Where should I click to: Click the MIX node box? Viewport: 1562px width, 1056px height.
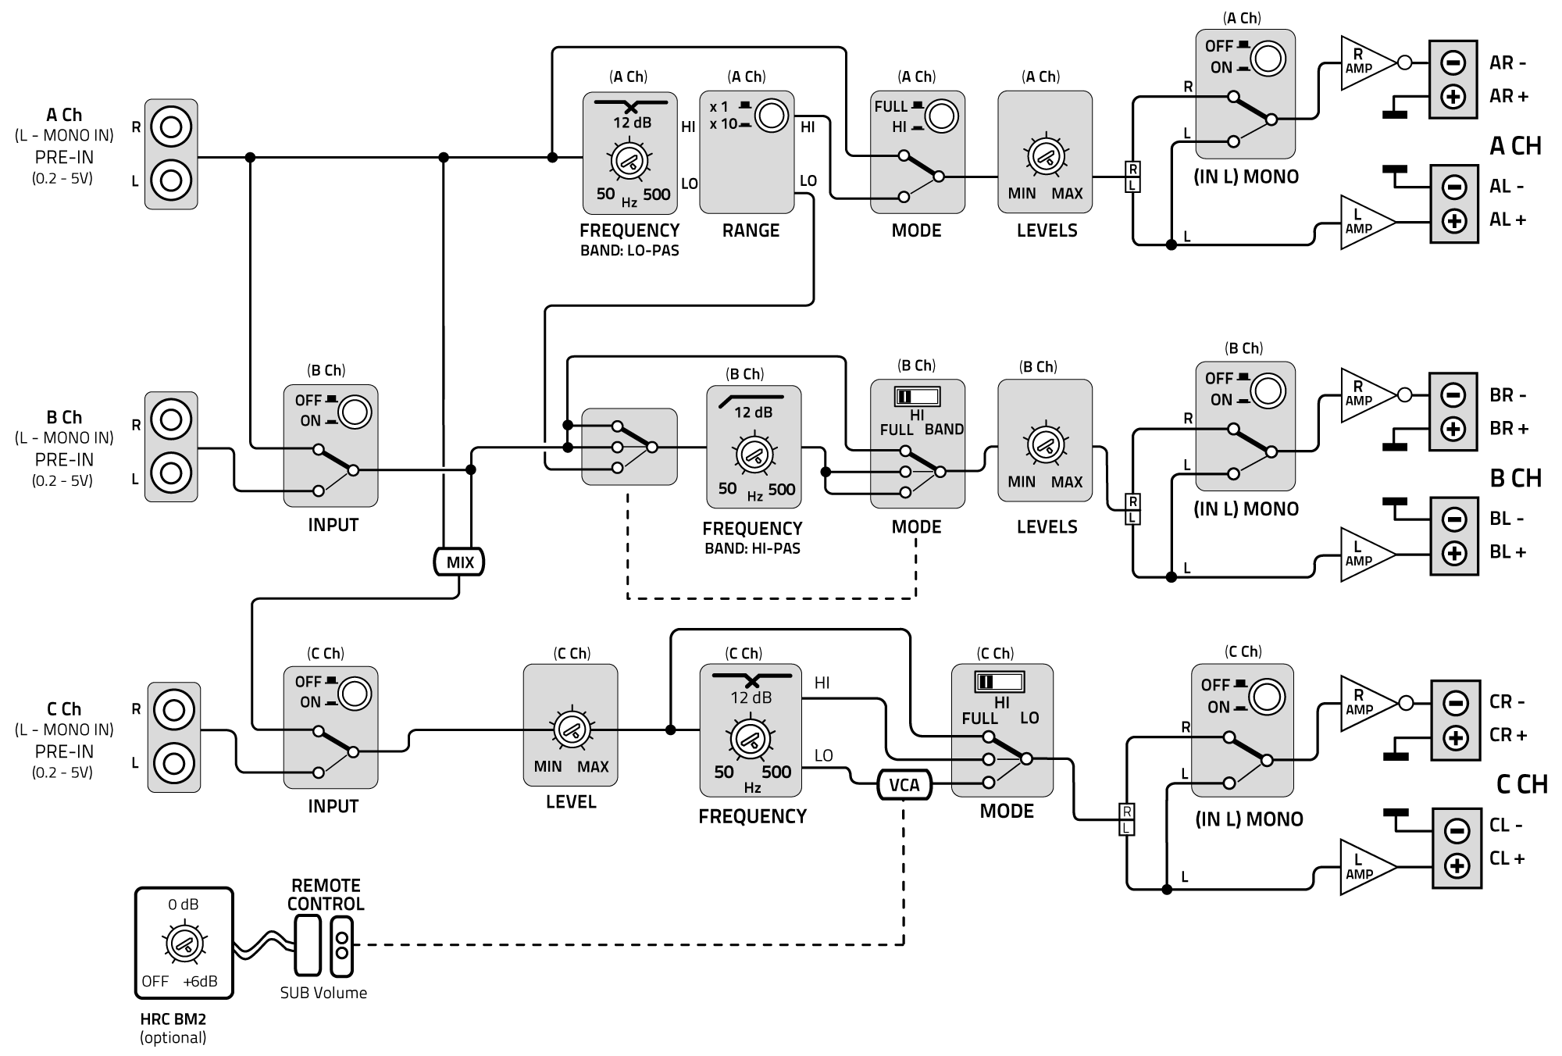459,562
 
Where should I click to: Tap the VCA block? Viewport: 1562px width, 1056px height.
904,784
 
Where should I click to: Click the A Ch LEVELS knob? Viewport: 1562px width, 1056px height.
1045,156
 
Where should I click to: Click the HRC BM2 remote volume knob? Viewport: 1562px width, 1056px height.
184,944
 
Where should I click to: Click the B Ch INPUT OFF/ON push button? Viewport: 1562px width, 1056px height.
355,411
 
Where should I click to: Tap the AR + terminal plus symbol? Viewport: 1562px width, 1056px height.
1453,97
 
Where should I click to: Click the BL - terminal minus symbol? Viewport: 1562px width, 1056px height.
1453,519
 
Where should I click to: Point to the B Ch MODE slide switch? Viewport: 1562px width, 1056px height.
917,396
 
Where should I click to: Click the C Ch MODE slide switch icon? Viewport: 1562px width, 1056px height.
999,681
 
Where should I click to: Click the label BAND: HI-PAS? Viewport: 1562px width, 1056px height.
752,548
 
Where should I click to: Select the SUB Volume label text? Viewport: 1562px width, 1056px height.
323,993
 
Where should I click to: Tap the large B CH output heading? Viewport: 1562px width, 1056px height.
1515,478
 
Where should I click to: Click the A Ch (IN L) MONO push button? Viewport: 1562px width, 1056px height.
1268,59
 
